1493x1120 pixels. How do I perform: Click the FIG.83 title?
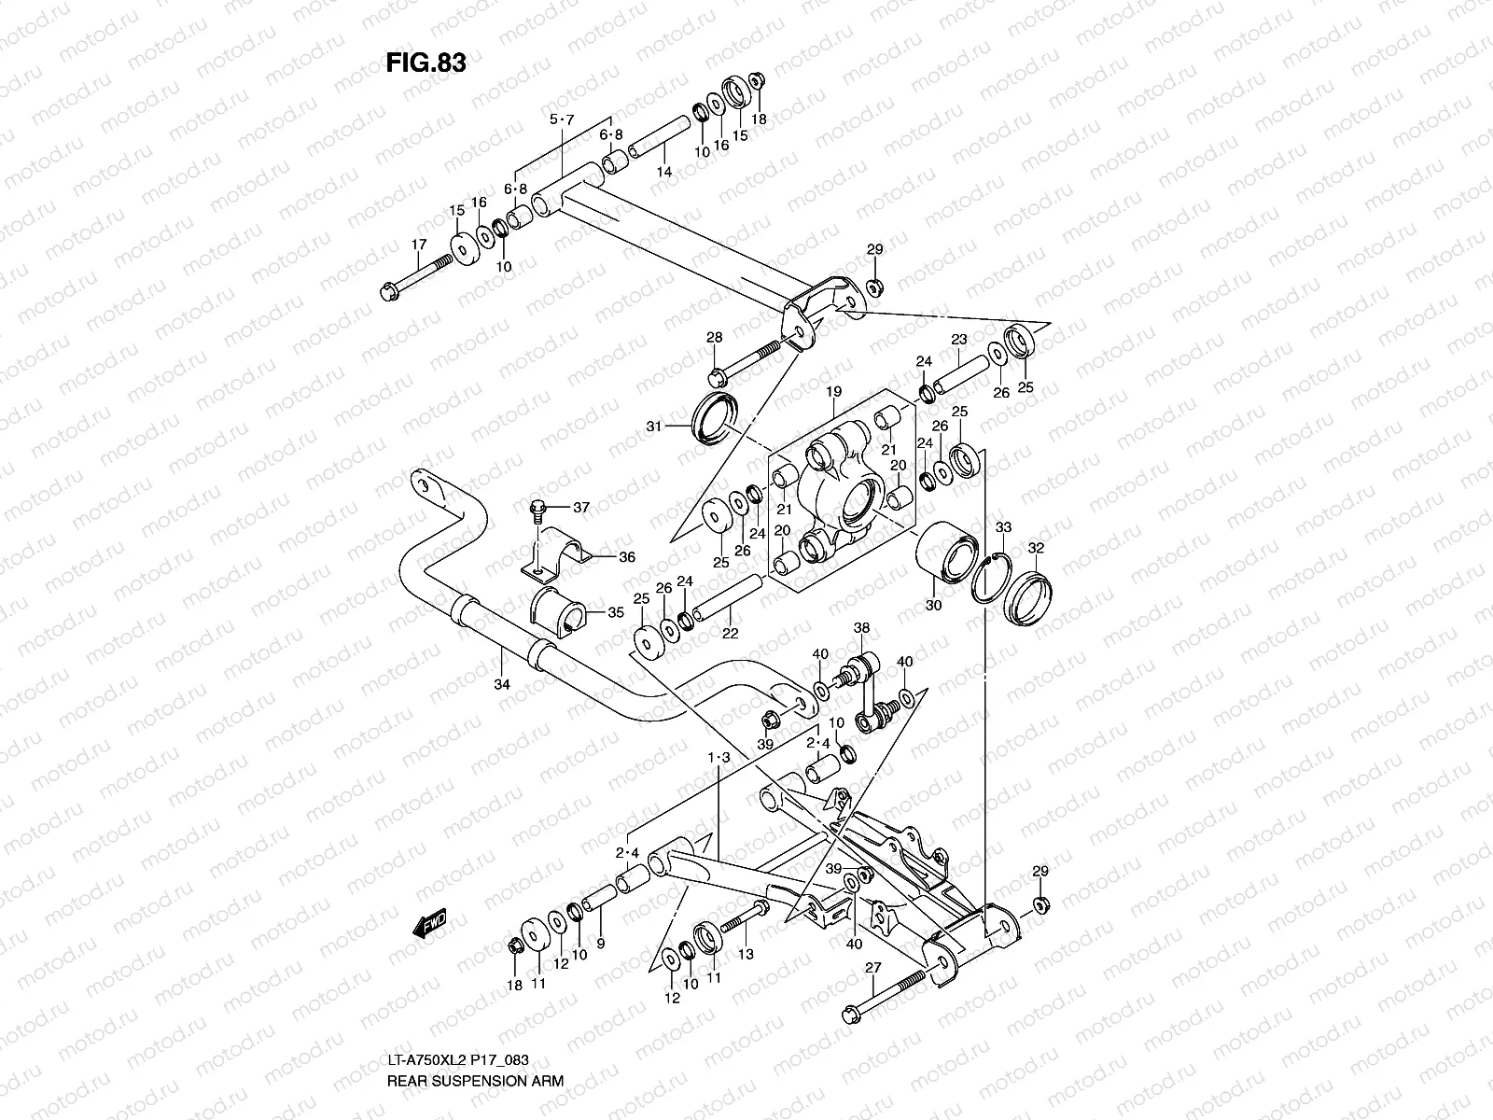pos(426,63)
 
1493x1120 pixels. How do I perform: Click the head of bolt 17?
pos(389,293)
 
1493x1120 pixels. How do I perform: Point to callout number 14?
pos(663,172)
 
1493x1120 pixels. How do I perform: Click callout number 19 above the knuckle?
pos(833,393)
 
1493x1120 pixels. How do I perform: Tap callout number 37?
pos(581,508)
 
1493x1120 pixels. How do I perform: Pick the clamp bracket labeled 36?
pos(554,556)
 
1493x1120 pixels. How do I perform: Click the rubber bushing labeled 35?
pos(557,612)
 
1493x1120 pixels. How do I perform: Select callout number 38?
pos(861,628)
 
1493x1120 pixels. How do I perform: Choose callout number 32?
pos(1036,548)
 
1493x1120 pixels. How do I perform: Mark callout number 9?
pos(600,944)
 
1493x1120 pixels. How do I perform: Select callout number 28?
pos(714,337)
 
